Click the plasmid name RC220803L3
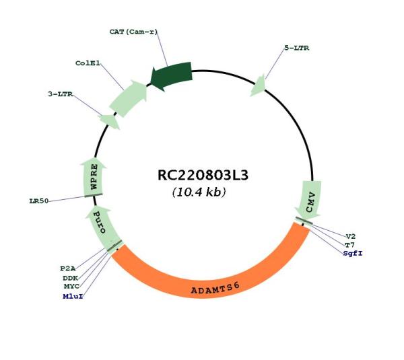203,175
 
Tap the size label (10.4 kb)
199,192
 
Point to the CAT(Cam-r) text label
133,32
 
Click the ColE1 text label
88,63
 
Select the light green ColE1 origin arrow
129,98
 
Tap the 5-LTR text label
297,48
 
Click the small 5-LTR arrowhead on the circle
259,86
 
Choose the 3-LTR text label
61,94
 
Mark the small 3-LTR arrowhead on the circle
109,121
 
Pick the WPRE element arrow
94,178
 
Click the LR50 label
39,201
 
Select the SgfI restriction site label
353,254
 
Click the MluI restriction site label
73,296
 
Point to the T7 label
350,245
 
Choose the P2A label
68,268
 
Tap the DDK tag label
71,278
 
